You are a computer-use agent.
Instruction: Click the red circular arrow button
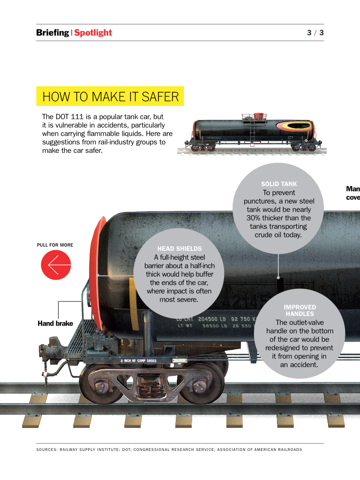[56, 265]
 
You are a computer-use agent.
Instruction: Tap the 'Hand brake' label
[55, 323]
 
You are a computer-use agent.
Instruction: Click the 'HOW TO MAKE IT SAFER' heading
[110, 97]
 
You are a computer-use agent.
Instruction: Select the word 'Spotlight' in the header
[93, 32]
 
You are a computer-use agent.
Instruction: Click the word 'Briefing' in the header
[52, 32]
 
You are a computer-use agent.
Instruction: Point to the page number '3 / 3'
[315, 32]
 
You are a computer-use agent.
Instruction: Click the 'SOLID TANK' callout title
[279, 184]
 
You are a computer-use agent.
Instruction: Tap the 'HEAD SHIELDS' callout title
[180, 248]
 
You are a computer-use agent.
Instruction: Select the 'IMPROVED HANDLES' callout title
[300, 310]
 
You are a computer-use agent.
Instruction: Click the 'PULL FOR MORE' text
[55, 245]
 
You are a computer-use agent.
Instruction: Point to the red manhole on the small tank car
[258, 115]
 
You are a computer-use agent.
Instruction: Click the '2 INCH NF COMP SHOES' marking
[138, 361]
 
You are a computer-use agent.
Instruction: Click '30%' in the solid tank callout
[254, 218]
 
